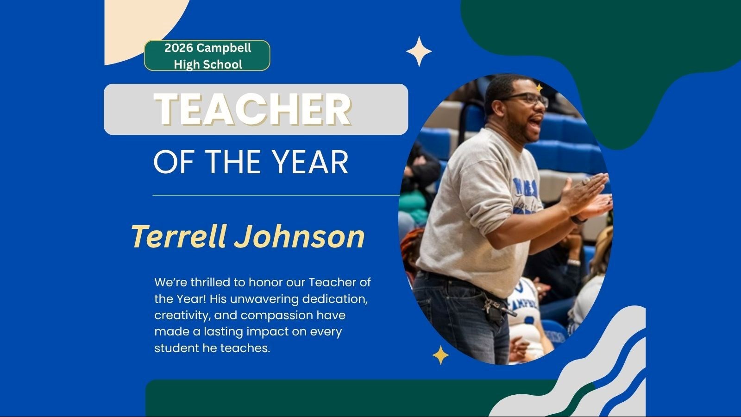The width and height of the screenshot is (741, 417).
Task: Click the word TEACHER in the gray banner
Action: (252, 109)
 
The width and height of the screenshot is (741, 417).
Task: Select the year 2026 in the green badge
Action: (179, 48)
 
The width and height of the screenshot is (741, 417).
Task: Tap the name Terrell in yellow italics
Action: (179, 236)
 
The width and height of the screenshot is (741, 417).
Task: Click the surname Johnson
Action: (299, 236)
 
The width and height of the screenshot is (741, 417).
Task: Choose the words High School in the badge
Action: (208, 64)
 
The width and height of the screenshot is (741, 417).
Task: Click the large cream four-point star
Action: (419, 51)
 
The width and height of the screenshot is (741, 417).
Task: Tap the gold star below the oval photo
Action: (440, 355)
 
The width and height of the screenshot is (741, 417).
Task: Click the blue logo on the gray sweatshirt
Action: (526, 195)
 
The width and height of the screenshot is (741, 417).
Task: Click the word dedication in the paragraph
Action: (335, 299)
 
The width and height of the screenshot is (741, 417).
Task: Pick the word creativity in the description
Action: (182, 316)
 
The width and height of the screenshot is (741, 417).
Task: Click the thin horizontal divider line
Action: (276, 195)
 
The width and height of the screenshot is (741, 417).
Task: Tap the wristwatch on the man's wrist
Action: (578, 220)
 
